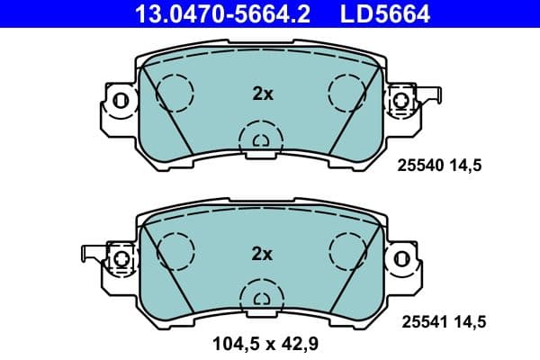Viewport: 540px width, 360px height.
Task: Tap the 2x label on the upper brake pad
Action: pos(261,92)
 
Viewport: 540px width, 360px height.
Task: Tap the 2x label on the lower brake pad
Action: pos(261,255)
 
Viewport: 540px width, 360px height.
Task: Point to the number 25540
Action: pos(419,166)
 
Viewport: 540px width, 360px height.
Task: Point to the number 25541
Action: pos(419,319)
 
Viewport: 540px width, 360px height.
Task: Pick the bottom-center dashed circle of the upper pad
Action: pos(261,139)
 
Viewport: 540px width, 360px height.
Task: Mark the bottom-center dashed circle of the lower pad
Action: pos(261,297)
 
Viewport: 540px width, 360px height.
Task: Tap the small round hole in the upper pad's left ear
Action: pos(121,101)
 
